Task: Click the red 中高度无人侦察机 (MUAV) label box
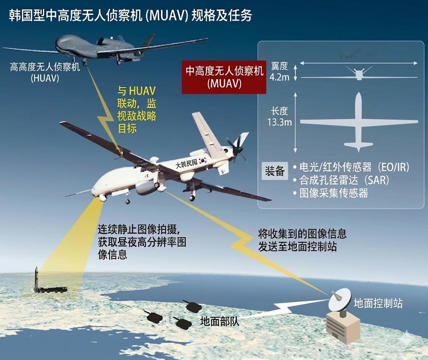[x=224, y=77]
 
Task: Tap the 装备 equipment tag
[x=275, y=171]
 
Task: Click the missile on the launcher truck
[x=37, y=278]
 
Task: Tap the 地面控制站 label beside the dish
[x=378, y=304]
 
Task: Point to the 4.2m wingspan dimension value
[x=279, y=77]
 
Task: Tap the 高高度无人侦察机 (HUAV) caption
[x=45, y=72]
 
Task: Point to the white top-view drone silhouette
[x=358, y=123]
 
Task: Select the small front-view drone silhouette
[x=359, y=74]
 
